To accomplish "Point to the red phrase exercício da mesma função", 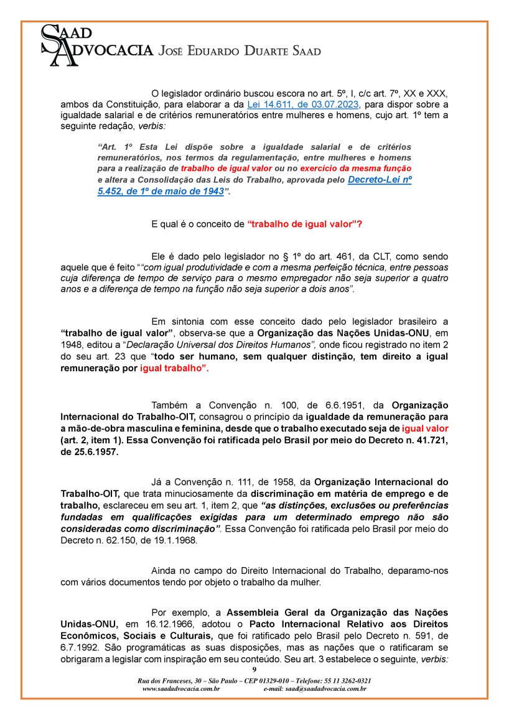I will tap(355, 168).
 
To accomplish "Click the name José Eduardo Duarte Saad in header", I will tap(240, 51).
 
